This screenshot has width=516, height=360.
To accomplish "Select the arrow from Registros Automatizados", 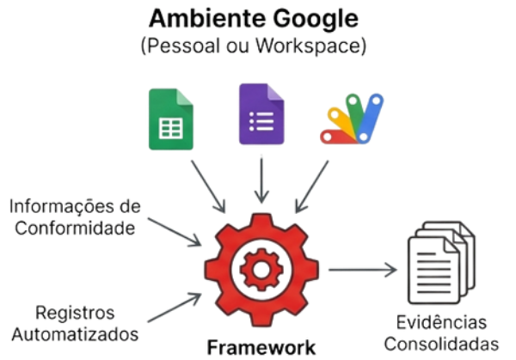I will [173, 307].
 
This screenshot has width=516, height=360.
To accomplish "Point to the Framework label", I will [262, 346].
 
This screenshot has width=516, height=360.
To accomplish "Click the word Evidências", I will [440, 322].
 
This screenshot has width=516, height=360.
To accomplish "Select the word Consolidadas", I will [440, 345].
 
